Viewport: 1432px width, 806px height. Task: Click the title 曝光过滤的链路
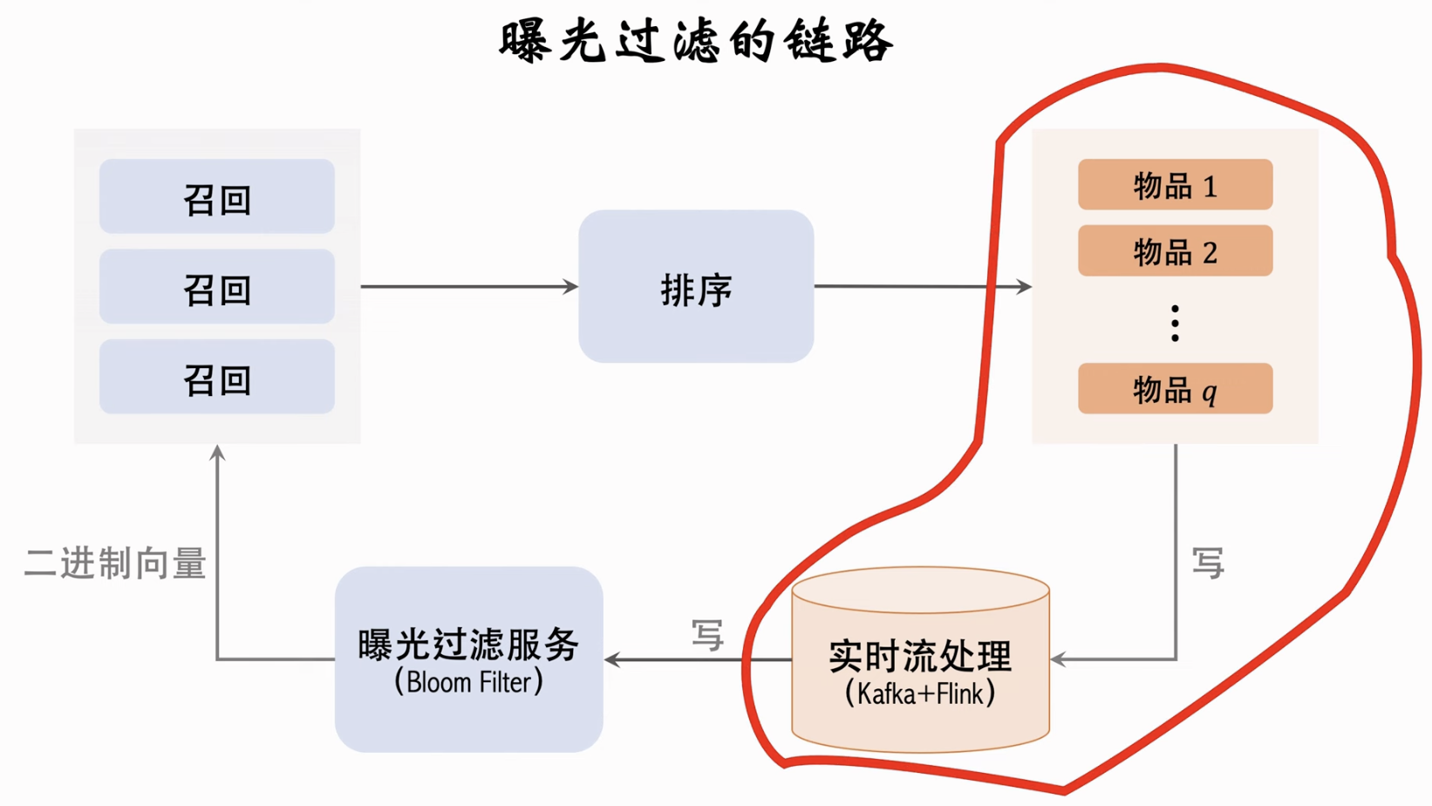coord(696,42)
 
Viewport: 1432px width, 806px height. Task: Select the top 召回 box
coord(217,197)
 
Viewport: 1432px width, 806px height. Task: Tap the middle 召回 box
coord(217,287)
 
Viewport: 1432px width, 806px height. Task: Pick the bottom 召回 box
coord(217,377)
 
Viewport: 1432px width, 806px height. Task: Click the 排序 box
coord(696,287)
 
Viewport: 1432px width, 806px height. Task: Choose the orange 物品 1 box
coord(1175,185)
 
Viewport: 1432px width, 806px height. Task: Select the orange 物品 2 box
coord(1175,251)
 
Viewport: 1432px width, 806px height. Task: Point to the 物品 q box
coord(1175,389)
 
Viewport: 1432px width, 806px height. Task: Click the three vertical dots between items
coord(1175,323)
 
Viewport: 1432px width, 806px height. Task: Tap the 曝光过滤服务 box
coord(469,645)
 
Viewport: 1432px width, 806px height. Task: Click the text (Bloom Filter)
coord(469,682)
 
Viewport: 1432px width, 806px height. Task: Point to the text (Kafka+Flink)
coord(920,694)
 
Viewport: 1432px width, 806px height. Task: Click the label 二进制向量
coord(115,564)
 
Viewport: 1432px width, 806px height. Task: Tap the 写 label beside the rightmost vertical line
coord(1208,564)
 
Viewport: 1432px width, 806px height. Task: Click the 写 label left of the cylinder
coord(707,635)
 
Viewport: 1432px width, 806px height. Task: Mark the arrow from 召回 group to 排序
coord(469,286)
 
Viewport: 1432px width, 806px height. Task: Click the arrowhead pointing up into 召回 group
coord(217,453)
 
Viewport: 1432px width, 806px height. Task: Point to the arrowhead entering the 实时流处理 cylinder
coord(1058,659)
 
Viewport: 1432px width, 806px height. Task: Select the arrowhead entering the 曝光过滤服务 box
coord(612,659)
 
